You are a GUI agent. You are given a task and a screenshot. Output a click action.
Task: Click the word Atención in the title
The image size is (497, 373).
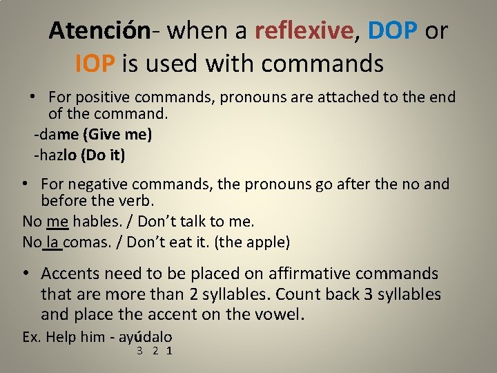[99, 31]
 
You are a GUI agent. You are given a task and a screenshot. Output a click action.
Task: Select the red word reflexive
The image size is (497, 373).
[304, 31]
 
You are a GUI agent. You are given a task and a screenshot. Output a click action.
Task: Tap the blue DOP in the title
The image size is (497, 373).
[393, 31]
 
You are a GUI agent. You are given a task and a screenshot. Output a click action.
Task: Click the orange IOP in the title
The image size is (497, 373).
[94, 64]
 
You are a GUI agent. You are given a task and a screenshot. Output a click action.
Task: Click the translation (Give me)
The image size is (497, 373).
[116, 134]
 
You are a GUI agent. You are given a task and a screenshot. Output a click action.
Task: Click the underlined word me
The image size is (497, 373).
[57, 222]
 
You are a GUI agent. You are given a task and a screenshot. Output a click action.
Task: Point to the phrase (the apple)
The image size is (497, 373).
[253, 242]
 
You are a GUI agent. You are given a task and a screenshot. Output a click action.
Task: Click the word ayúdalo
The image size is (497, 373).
[146, 337]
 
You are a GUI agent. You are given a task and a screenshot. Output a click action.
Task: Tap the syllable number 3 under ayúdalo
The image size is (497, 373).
[139, 351]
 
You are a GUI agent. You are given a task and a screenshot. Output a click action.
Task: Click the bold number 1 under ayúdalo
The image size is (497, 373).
[169, 351]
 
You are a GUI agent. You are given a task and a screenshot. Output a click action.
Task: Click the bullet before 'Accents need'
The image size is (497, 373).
[24, 273]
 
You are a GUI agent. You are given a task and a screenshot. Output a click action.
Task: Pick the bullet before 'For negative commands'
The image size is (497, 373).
[24, 183]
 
